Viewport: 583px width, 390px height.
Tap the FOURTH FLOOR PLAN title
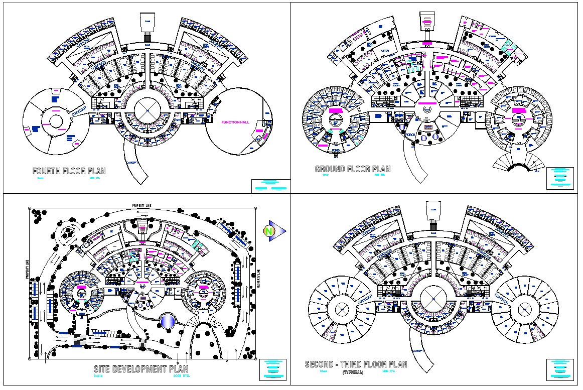[69, 171]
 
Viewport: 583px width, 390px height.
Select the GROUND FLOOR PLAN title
[352, 169]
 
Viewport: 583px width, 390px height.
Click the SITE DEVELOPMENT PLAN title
[141, 369]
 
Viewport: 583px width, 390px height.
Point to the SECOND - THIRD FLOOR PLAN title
[356, 365]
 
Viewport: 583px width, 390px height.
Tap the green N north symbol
[269, 231]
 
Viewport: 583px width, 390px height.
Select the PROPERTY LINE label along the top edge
[142, 206]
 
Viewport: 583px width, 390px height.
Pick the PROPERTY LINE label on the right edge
[258, 279]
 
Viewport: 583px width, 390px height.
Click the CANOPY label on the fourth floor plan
[132, 164]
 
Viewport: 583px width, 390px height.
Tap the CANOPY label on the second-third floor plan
[416, 350]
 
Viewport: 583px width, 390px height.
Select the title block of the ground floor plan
[560, 178]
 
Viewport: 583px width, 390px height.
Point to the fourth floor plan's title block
[270, 186]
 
